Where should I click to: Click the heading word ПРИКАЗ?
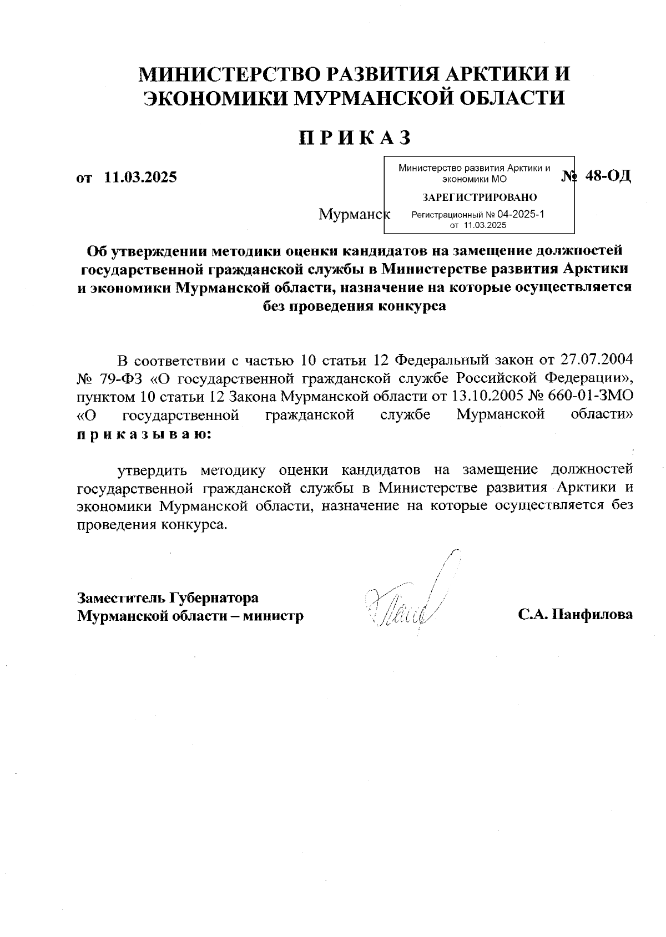355,138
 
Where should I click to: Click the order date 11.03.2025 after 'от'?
140,178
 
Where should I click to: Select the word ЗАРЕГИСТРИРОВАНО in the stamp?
480,197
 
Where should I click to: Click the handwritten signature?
411,602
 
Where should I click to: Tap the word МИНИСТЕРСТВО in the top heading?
230,74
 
